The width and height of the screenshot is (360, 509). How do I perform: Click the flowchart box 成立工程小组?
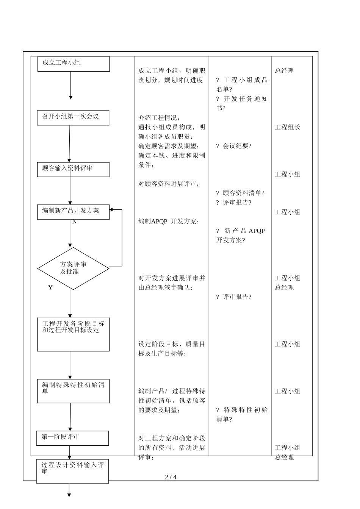[74, 64]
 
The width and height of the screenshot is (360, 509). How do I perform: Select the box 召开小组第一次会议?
[73, 118]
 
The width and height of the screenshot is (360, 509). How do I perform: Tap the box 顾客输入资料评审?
[73, 169]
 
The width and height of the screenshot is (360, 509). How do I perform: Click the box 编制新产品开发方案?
[73, 212]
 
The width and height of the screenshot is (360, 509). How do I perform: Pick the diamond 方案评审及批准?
[73, 268]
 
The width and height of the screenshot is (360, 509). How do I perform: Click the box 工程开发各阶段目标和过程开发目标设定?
[73, 334]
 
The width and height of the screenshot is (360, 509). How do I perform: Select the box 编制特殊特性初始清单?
[73, 391]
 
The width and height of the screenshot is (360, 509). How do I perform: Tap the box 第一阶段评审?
[72, 438]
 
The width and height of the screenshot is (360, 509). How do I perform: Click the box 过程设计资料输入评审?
[72, 471]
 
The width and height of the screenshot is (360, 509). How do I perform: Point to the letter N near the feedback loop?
[74, 222]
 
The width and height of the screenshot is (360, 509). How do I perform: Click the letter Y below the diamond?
[50, 287]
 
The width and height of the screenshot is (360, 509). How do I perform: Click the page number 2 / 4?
[171, 477]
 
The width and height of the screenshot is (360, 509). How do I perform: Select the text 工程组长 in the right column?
[287, 127]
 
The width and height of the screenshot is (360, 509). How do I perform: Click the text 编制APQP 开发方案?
[168, 222]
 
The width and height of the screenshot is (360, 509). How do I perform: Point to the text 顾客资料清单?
[242, 193]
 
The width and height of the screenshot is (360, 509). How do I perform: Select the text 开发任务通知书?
[242, 103]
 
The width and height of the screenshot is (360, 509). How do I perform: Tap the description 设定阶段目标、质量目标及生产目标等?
[172, 349]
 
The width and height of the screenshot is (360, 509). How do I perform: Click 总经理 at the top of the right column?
[284, 71]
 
